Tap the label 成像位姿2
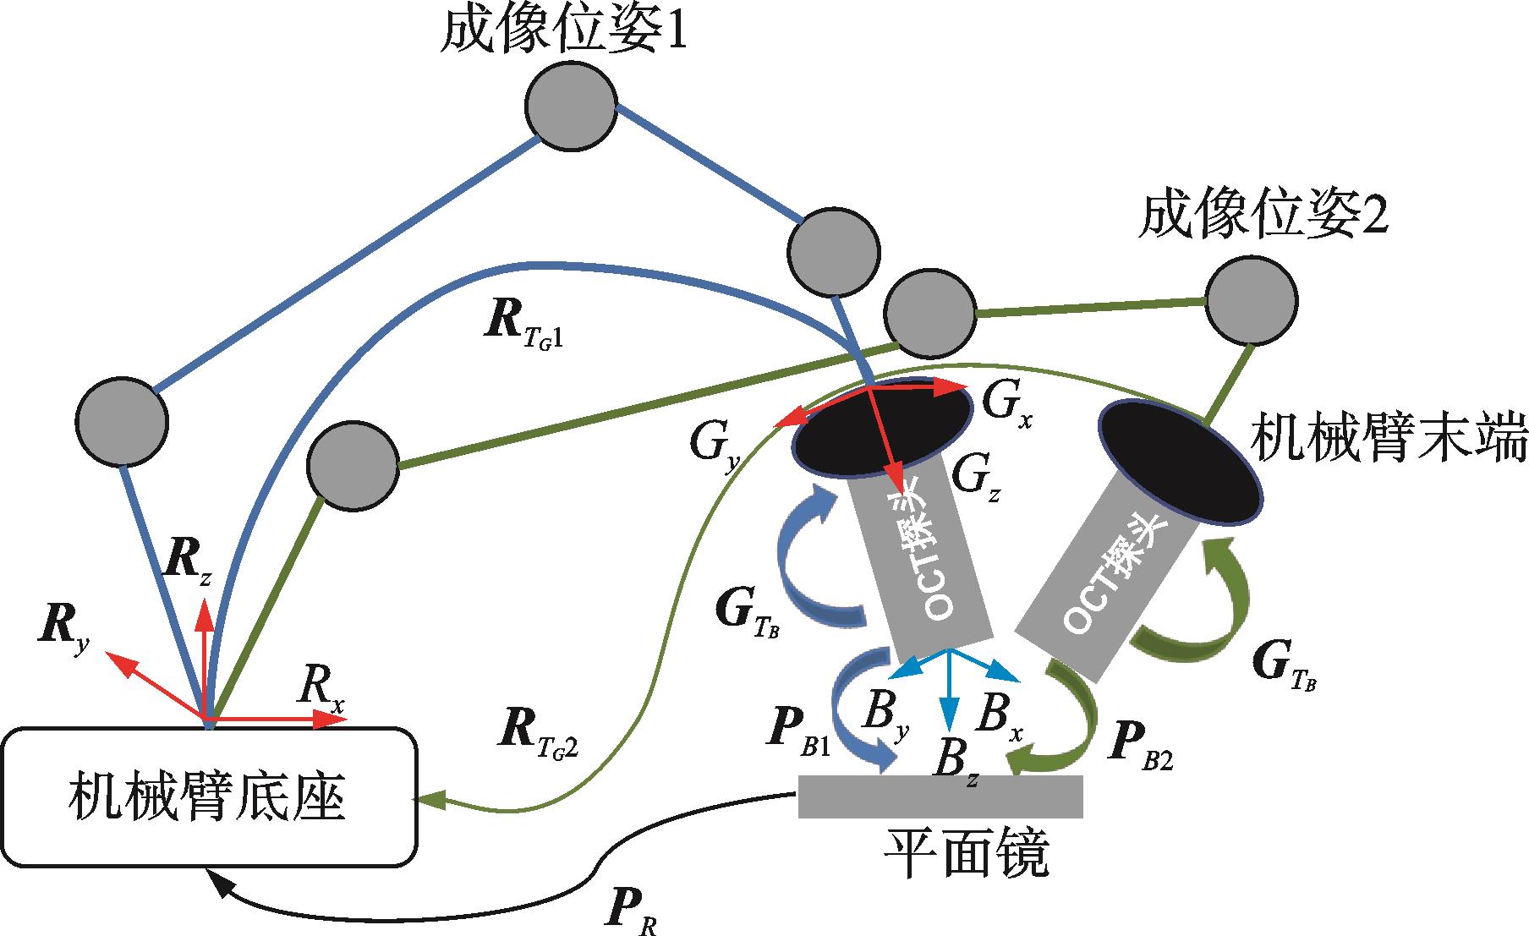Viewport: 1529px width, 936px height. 1263,219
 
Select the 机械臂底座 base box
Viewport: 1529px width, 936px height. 211,797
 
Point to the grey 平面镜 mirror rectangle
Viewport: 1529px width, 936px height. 940,796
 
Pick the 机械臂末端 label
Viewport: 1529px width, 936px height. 1388,437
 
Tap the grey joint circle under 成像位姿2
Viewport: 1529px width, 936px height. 1251,301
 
